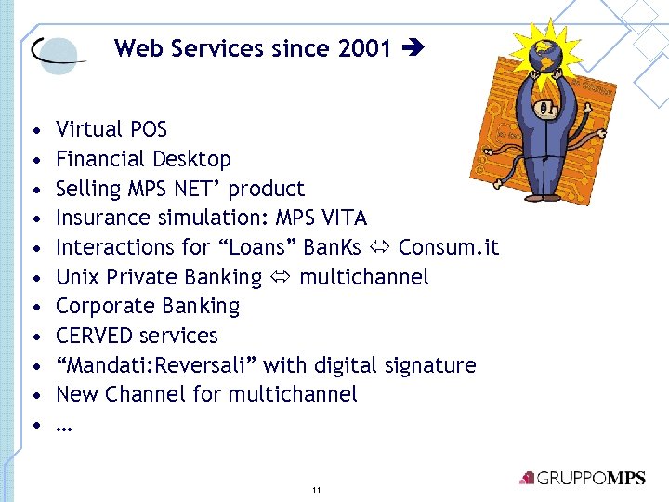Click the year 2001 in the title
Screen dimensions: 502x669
[365, 48]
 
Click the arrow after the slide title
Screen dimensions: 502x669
[410, 48]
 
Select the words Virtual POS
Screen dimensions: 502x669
[111, 129]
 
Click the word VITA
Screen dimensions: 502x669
[343, 218]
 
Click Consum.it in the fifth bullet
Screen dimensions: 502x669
[449, 247]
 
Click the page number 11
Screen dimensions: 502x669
[317, 489]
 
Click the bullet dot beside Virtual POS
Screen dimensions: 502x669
[34, 129]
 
